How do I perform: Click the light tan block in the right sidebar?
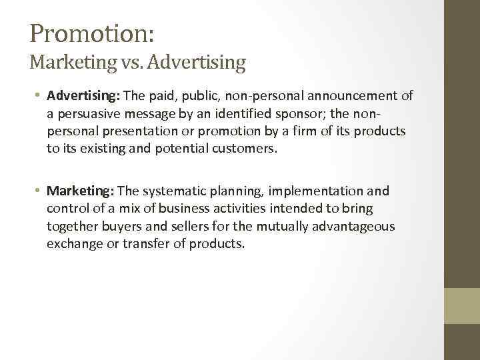[462, 305]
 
